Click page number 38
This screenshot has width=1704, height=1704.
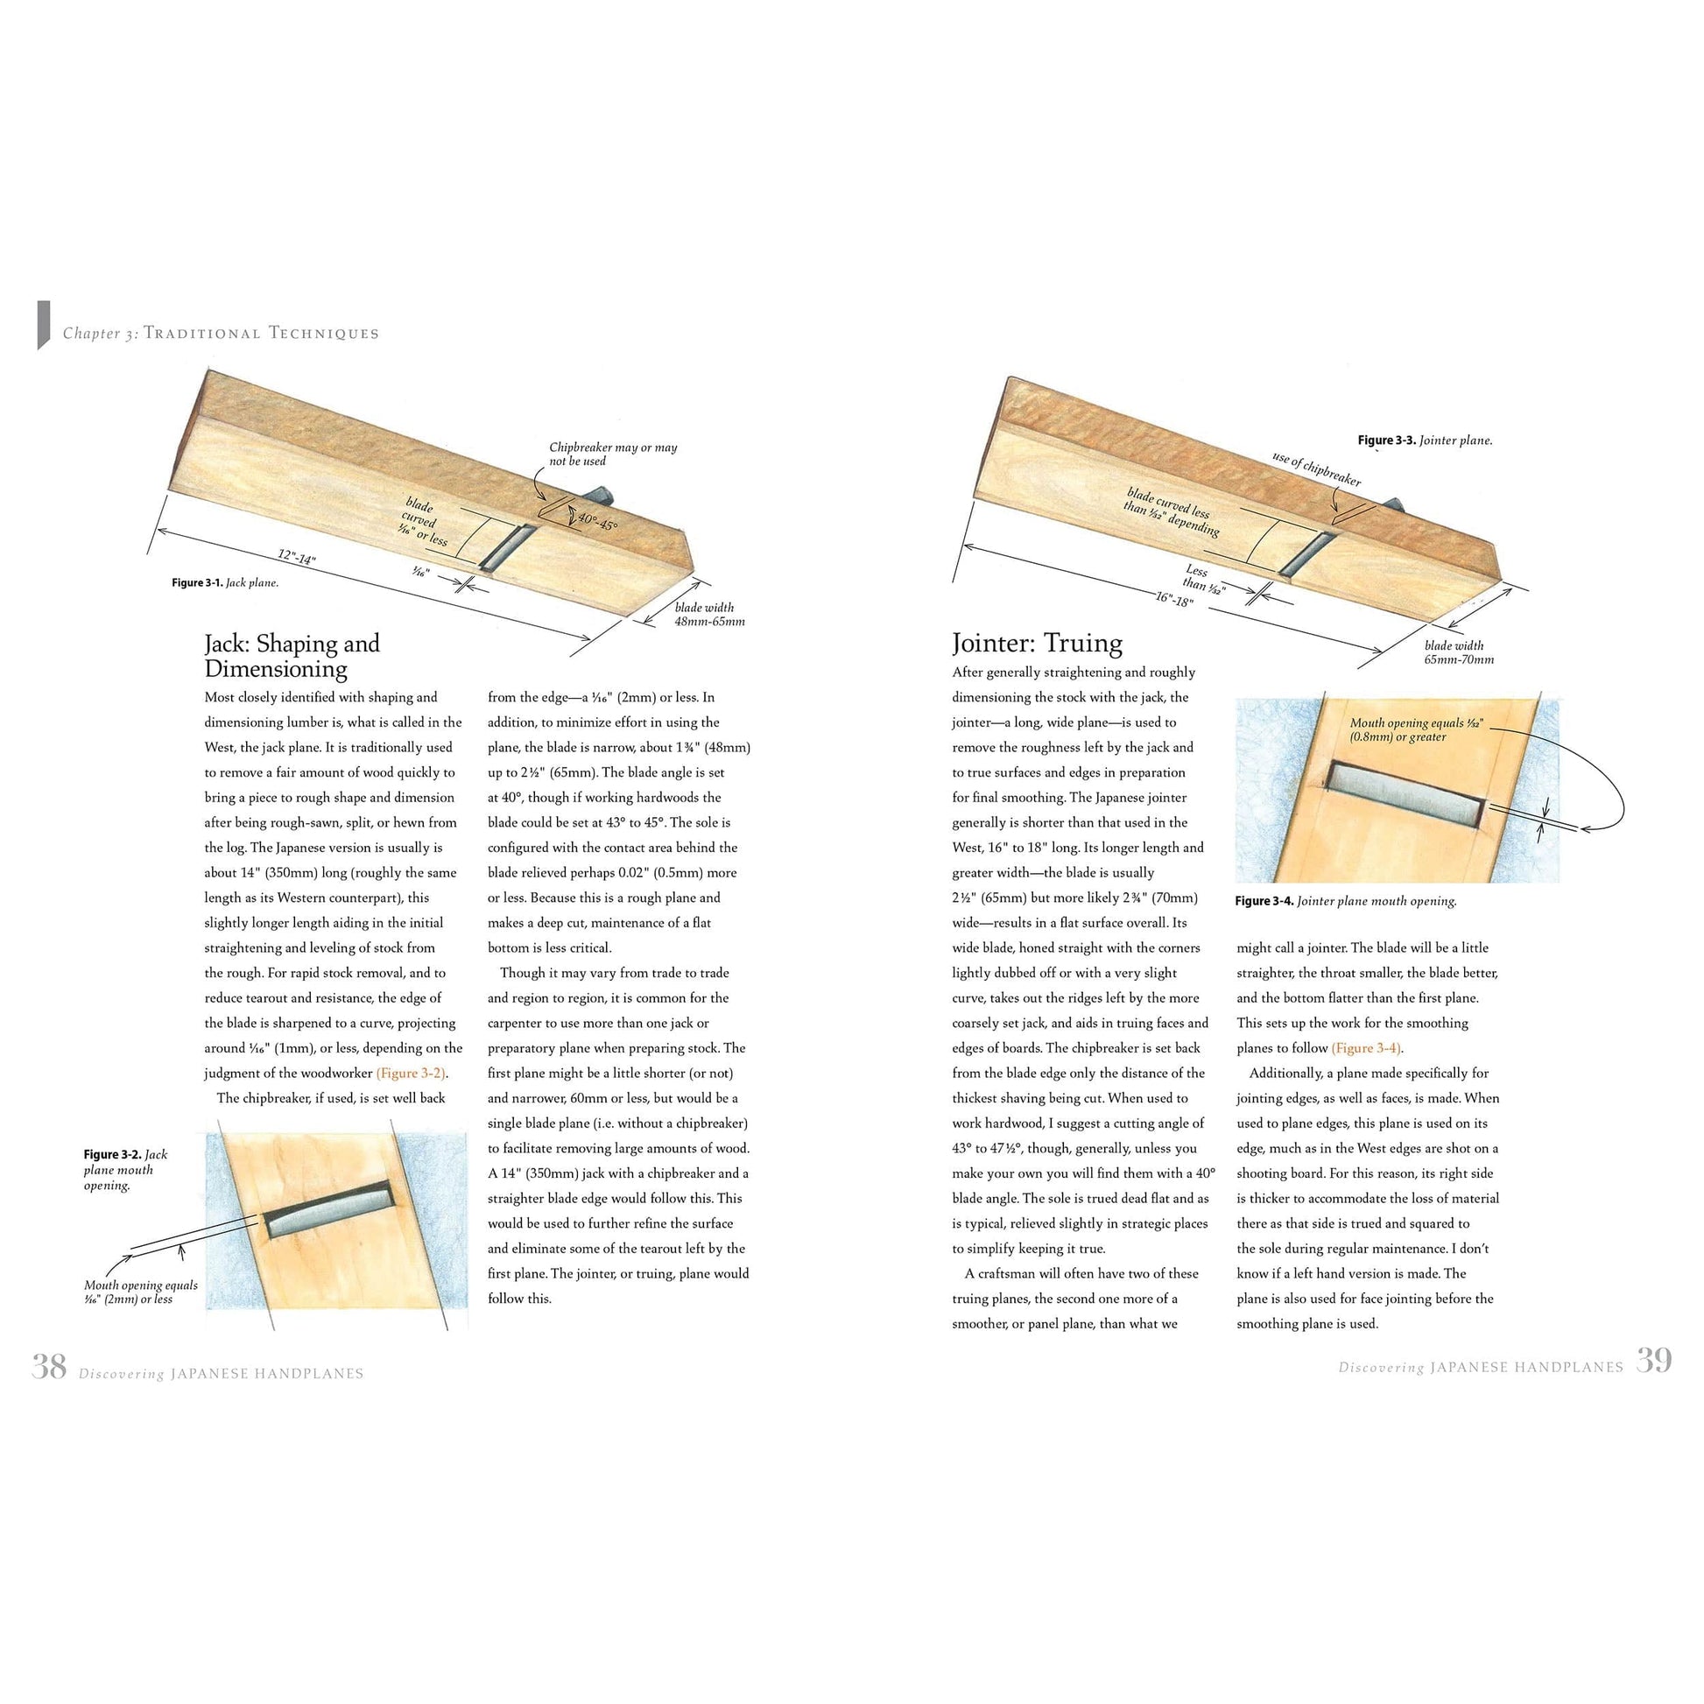[48, 1366]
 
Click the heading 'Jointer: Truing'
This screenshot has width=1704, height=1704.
[1038, 642]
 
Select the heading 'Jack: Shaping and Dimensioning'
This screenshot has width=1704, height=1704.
[292, 655]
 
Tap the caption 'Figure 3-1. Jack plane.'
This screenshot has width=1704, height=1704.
[225, 583]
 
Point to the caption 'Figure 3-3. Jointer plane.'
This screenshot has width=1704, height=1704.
[1425, 440]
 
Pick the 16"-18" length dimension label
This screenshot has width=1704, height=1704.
[1174, 599]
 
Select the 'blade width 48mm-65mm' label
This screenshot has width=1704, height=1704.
[709, 614]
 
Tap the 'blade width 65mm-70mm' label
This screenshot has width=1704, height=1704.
[1459, 651]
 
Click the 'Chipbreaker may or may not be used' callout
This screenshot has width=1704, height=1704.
[613, 454]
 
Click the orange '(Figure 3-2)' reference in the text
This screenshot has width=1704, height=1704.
[411, 1074]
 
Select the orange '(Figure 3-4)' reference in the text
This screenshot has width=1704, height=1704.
[1366, 1048]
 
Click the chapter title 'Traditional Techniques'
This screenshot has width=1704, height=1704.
[261, 334]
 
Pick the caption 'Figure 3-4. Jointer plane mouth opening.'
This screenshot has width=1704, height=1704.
[1346, 901]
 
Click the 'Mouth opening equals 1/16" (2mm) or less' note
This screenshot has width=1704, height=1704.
[140, 1292]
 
